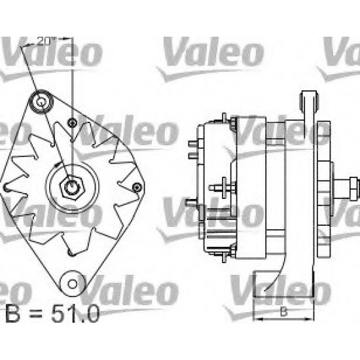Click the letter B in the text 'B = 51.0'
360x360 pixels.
pyautogui.click(x=12, y=317)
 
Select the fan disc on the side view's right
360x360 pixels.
pyautogui.click(x=322, y=190)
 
